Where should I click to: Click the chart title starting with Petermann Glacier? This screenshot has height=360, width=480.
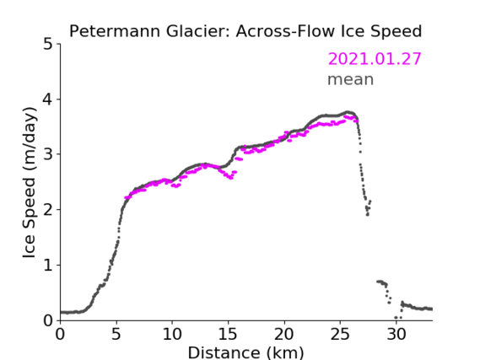245,31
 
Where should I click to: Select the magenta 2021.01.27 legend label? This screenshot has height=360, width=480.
375,59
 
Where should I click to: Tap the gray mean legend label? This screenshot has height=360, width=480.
351,79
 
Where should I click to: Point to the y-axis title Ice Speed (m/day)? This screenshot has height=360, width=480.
30,183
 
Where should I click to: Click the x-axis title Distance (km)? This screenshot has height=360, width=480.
245,352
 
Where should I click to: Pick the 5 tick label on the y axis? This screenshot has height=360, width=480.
48,45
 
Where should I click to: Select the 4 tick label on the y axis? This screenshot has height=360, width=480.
48,99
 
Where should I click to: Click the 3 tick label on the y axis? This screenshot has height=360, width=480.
48,154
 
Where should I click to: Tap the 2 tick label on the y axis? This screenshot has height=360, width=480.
48,210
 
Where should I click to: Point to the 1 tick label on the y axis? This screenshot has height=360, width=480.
48,266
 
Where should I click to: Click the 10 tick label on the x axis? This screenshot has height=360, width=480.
172,334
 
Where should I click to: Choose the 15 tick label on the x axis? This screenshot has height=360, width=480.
228,334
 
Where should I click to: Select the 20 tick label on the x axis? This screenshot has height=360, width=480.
284,334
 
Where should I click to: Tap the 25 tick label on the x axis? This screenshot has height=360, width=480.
340,334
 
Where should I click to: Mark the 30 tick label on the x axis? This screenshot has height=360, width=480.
396,334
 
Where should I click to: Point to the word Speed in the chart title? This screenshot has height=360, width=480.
396,32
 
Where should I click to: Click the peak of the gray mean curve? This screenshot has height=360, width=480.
348,112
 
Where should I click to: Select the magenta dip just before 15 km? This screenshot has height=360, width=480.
231,178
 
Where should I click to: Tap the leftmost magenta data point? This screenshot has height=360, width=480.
126,197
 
